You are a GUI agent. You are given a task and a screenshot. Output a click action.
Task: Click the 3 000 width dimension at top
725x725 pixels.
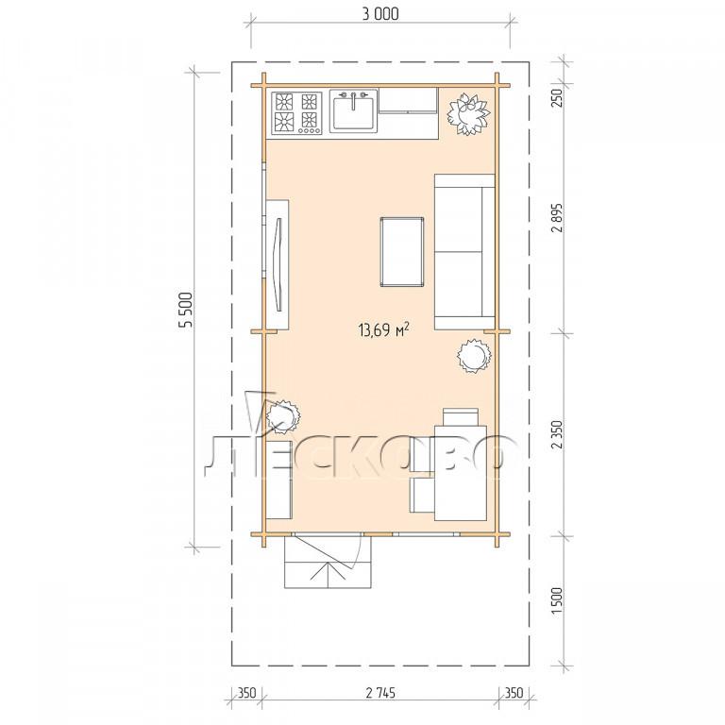tap(380, 14)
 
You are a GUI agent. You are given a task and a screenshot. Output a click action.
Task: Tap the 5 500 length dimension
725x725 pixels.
tap(186, 310)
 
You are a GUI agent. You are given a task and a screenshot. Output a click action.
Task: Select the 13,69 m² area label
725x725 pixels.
tap(384, 329)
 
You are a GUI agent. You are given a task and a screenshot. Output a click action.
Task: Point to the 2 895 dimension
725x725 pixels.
tap(557, 217)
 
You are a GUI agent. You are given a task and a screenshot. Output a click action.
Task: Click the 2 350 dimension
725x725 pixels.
tap(557, 434)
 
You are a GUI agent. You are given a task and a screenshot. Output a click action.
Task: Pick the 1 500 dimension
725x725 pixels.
tap(557, 600)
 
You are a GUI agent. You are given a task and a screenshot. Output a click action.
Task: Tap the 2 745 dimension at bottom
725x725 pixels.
tap(380, 693)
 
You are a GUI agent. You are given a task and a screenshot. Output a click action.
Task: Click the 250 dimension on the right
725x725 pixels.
tap(557, 97)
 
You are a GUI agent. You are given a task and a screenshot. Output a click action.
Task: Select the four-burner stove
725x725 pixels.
tap(296, 113)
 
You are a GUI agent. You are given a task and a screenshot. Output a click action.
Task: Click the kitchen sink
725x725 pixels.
tap(353, 110)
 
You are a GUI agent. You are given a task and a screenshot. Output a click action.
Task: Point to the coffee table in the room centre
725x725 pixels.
tap(402, 252)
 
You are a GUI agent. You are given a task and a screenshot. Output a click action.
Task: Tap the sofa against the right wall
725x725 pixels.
tap(464, 252)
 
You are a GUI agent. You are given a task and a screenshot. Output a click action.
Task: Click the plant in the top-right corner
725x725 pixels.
tap(468, 114)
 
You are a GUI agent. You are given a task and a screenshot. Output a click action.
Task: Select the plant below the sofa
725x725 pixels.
tap(474, 355)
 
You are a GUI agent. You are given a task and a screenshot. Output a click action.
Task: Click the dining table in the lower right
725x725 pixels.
tap(461, 473)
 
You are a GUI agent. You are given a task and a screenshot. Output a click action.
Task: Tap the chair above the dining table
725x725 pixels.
tap(461, 416)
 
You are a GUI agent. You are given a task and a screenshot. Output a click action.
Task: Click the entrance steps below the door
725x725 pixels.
tap(328, 562)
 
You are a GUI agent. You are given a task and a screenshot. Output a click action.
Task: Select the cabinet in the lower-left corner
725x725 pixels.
tap(278, 480)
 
